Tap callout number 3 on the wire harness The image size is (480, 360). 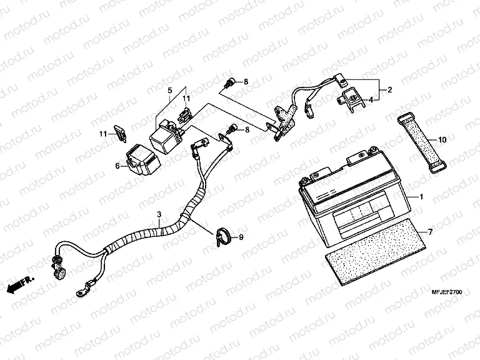pos(159,214)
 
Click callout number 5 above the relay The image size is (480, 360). pos(169,91)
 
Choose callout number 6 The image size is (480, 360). pos(117,166)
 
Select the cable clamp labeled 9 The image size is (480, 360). pos(224,236)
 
